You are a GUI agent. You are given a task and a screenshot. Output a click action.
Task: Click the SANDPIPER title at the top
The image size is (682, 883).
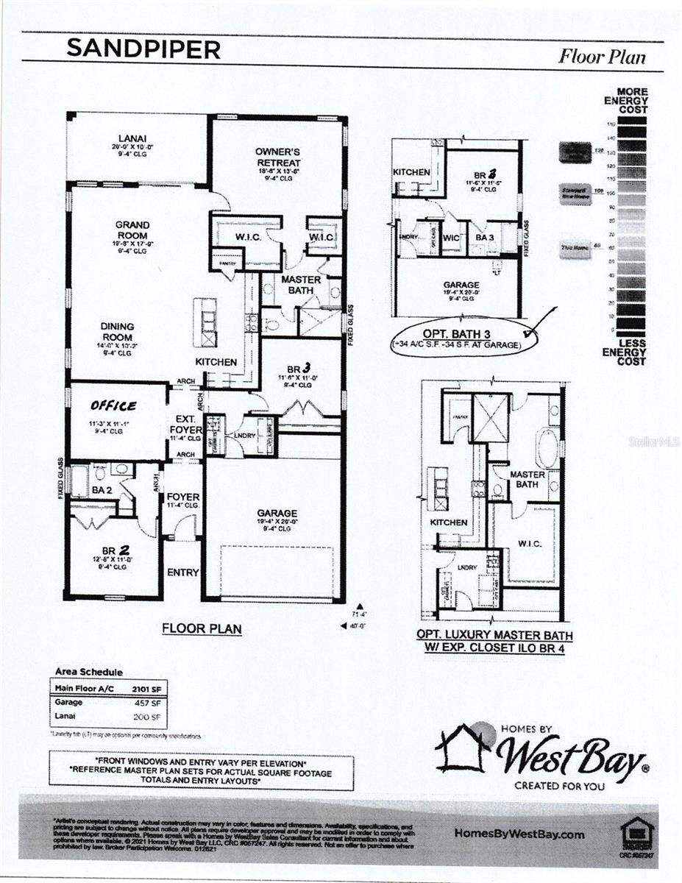pos(143,49)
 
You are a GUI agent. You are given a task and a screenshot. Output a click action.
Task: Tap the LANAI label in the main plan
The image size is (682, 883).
pos(134,138)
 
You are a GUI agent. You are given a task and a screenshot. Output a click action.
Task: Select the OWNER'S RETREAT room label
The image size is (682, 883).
pos(277,157)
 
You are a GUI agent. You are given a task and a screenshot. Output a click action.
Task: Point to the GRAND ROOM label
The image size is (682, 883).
pos(132,230)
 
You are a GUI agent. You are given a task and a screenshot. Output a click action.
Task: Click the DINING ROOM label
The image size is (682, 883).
pos(118,331)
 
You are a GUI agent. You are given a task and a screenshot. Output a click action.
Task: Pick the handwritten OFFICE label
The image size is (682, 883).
pos(113,405)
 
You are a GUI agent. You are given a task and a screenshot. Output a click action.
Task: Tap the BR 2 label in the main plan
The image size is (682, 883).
pos(115,550)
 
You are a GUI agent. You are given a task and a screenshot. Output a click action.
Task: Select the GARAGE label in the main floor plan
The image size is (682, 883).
pos(277,513)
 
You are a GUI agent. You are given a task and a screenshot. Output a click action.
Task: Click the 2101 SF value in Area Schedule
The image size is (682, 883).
pos(145,689)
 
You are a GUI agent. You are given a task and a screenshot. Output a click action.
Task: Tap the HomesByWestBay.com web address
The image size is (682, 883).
pos(520,834)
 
